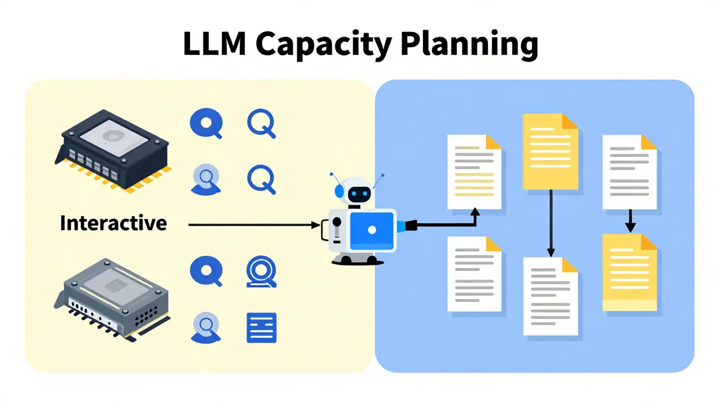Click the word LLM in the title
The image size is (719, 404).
click(x=215, y=43)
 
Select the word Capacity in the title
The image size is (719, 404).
click(x=324, y=45)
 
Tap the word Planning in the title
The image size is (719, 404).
click(x=469, y=45)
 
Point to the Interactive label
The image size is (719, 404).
click(x=113, y=223)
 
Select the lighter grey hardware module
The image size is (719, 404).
click(x=112, y=300)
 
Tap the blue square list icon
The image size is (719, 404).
click(x=262, y=328)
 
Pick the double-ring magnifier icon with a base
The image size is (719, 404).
click(x=262, y=272)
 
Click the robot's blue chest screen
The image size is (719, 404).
click(x=372, y=231)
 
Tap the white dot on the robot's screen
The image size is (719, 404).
click(x=372, y=230)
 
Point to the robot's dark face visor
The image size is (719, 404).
click(x=359, y=194)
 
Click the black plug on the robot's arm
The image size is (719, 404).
click(x=411, y=226)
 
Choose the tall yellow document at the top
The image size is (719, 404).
click(x=550, y=151)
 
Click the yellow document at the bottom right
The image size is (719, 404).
click(x=630, y=272)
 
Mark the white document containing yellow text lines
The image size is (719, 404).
click(x=475, y=172)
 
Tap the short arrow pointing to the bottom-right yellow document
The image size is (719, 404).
click(x=630, y=221)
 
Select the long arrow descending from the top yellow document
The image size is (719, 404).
click(x=551, y=223)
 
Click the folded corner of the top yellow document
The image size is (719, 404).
click(x=570, y=122)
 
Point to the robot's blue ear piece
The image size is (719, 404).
click(x=339, y=191)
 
